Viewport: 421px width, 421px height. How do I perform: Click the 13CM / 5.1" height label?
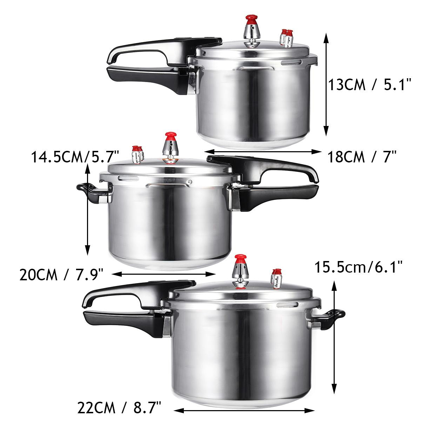coord(369,85)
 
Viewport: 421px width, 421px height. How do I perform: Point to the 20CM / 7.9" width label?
coord(61,274)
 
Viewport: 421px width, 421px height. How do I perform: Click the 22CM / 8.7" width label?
coord(119,408)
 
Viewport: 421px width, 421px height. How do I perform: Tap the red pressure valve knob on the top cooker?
coord(250,18)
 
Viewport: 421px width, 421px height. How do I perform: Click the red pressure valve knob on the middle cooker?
coord(171,136)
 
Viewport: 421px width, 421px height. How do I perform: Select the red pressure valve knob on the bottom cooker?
coord(241,259)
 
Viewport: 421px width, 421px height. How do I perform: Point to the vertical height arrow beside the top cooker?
coord(326,85)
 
